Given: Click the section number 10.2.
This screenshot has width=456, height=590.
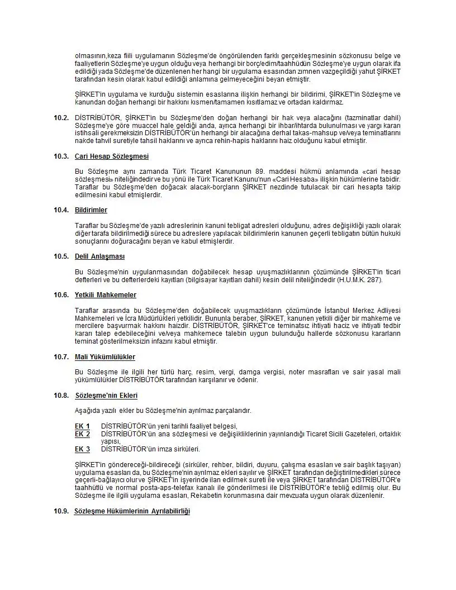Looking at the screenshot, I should (61, 117).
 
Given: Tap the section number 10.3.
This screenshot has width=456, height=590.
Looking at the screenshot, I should (61, 156).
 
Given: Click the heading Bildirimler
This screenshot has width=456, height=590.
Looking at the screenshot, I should (91, 210).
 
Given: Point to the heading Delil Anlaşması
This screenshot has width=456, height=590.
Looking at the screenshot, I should (100, 256).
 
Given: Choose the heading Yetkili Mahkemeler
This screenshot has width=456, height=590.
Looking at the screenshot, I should (106, 295).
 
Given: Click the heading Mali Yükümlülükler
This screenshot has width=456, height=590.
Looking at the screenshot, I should (105, 357).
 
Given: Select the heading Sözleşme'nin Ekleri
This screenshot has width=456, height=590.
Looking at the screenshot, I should (106, 396).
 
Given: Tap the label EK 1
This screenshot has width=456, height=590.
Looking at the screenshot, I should (83, 426).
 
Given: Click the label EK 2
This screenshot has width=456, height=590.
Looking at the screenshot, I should (83, 434).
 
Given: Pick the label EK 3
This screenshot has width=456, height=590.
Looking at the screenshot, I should (83, 449).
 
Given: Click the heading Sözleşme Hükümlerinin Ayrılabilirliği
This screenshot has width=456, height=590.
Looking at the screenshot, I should (132, 511).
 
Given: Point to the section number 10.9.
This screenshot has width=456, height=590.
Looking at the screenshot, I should (61, 511).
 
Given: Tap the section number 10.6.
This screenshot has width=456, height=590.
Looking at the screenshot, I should (61, 295).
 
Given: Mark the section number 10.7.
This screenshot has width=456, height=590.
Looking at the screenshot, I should (61, 357).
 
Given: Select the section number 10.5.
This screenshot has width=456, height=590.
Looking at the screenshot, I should (61, 256).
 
